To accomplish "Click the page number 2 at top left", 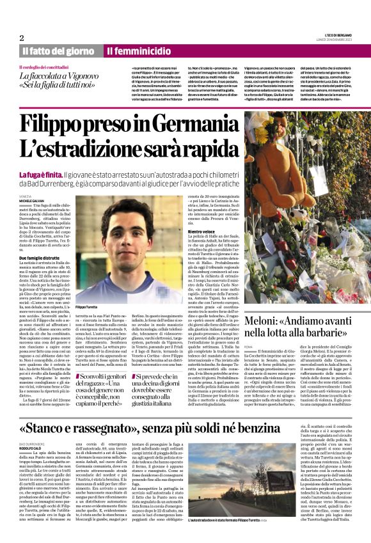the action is coord(21,37).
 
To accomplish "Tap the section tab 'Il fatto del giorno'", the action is coord(58,51).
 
